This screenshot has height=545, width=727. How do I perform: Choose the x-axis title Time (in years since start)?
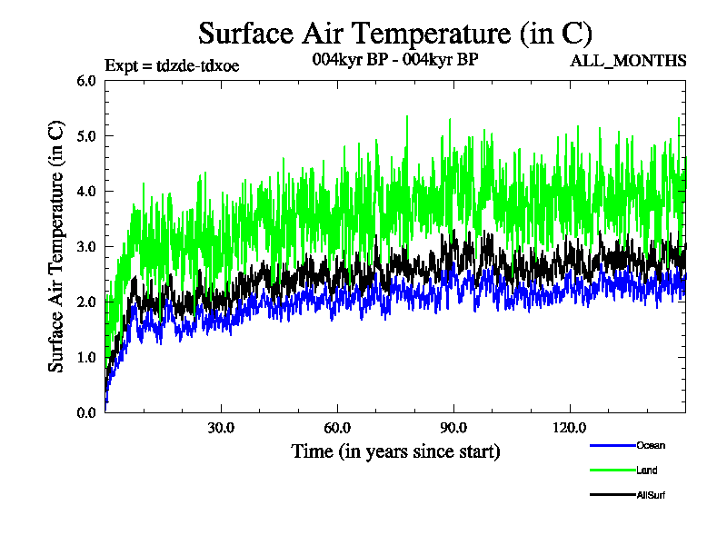tap(395, 451)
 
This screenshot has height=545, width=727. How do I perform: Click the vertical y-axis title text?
tap(56, 246)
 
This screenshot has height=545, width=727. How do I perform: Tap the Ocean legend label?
tap(651, 445)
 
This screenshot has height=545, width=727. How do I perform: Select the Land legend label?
tap(647, 470)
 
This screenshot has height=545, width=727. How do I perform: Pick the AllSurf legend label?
tap(652, 495)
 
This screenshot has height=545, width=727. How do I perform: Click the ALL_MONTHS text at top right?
tap(628, 61)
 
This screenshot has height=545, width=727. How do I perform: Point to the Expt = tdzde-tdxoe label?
tap(172, 64)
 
